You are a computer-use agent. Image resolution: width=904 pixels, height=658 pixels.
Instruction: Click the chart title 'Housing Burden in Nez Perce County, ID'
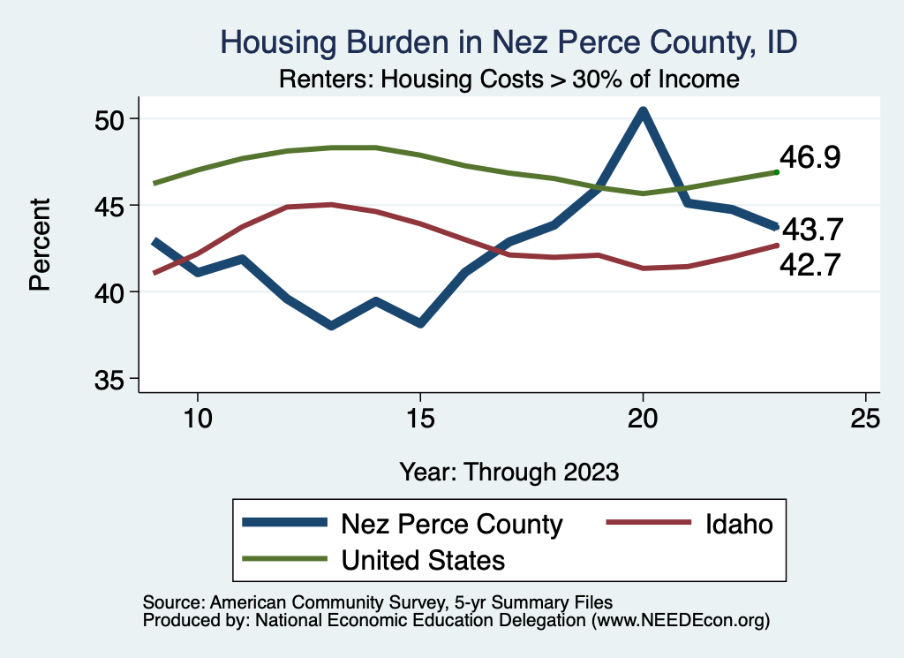[x=508, y=42]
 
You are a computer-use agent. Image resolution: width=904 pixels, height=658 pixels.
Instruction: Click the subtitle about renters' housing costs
[x=508, y=79]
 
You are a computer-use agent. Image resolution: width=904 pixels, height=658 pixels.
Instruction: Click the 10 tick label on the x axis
[x=197, y=418]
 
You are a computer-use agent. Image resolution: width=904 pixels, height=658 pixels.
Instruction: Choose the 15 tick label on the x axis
[x=420, y=418]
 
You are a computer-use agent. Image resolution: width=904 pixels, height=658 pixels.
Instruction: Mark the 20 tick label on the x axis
[x=643, y=418]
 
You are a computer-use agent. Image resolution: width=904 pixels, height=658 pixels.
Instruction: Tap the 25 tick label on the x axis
[x=865, y=418]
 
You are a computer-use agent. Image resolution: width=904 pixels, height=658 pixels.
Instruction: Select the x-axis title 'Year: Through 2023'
[x=508, y=471]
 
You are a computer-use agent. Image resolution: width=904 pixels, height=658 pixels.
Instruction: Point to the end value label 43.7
[x=815, y=231]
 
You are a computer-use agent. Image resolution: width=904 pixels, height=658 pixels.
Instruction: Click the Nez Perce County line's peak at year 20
[x=643, y=111]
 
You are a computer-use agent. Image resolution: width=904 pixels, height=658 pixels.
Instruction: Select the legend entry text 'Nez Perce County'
[x=451, y=525]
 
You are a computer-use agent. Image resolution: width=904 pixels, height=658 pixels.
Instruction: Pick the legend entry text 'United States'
[x=422, y=560]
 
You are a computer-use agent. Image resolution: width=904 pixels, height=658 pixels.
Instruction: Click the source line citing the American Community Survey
[x=377, y=601]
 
